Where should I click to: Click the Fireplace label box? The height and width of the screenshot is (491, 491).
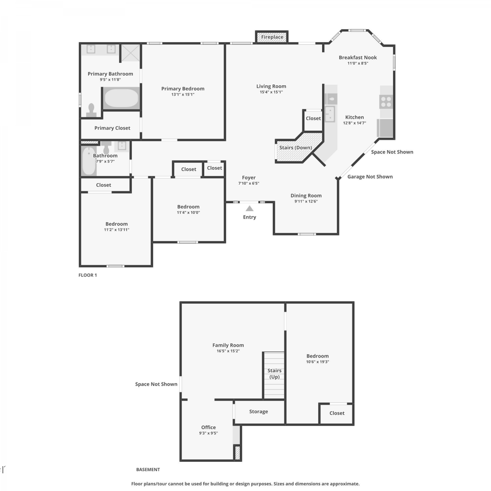[272, 37]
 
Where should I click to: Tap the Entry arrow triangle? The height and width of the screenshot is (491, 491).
[249, 209]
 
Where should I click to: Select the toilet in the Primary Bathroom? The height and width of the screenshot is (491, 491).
[91, 110]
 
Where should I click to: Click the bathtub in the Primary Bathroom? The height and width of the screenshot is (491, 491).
[121, 98]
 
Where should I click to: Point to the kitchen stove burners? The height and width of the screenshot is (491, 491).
[386, 101]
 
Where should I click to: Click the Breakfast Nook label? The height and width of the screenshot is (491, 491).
[358, 58]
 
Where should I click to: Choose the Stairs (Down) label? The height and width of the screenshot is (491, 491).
[296, 148]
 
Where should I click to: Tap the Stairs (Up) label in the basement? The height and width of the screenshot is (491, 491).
[274, 373]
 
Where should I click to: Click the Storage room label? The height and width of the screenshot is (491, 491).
[259, 412]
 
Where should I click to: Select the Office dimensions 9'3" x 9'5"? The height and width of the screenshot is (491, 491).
[209, 433]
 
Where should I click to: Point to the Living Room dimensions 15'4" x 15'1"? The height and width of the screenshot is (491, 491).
[271, 92]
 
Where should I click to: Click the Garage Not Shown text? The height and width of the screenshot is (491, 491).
[370, 177]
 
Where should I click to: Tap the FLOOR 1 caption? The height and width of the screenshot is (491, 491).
[88, 275]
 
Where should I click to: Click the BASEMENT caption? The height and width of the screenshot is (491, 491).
[148, 469]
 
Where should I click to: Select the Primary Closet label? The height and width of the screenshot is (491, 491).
[112, 128]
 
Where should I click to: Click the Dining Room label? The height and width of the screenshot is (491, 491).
[306, 196]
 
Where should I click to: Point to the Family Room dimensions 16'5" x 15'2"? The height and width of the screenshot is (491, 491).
[228, 351]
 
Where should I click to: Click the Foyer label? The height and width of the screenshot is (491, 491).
[249, 178]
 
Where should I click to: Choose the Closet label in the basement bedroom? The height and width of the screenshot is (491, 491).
[337, 413]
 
